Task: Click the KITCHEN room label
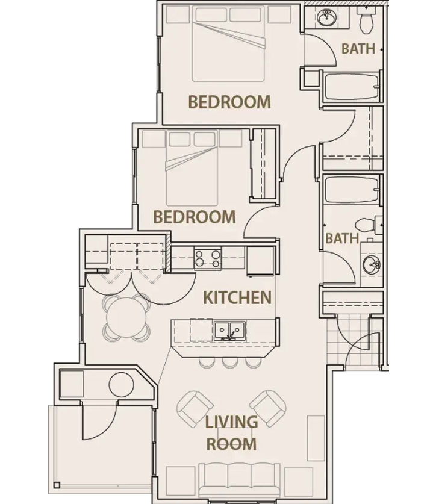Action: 237,297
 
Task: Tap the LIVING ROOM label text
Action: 231,433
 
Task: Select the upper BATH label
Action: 358,49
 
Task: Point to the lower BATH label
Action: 341,238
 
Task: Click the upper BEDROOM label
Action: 229,102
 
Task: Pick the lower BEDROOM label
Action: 195,217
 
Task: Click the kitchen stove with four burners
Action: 207,259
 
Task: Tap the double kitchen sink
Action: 229,331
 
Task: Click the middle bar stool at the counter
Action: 228,362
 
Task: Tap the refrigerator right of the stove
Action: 260,260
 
